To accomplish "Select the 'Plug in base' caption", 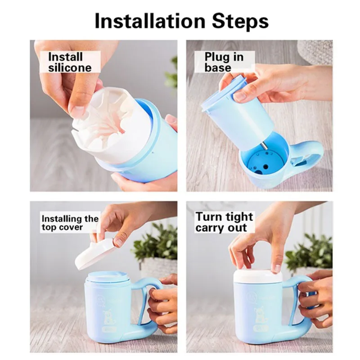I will point(224,62).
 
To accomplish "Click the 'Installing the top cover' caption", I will point(70,223).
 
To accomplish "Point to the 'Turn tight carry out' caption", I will point(224,222).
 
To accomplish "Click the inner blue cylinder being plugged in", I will point(238,112).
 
